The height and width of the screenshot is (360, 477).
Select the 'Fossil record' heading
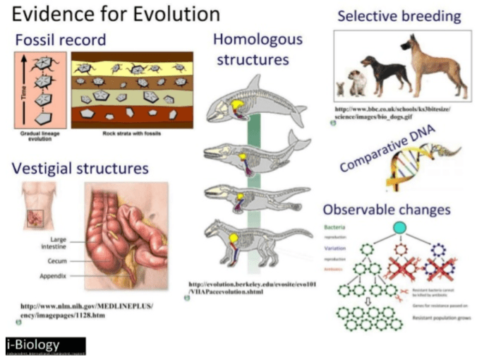coord(59,40)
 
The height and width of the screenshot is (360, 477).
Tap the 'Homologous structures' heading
coord(257,49)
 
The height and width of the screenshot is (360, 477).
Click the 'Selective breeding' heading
coord(399,16)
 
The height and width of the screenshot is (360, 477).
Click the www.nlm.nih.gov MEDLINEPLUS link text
coord(86,310)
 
